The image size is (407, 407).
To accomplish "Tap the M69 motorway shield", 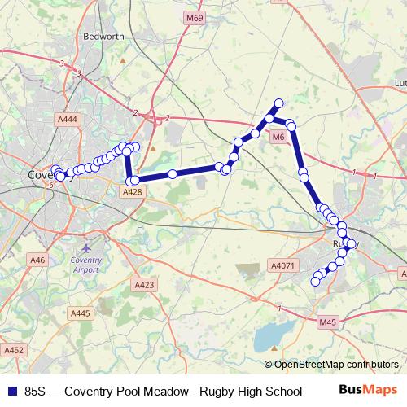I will click(x=194, y=18).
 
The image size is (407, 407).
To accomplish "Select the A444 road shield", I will click(x=68, y=119).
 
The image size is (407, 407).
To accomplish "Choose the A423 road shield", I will click(x=144, y=284).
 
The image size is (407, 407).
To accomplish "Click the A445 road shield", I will click(x=81, y=313).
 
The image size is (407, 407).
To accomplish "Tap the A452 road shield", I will click(x=11, y=349).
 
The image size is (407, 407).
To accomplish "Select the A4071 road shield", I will click(x=281, y=265).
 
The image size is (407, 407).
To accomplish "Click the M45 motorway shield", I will click(x=327, y=323).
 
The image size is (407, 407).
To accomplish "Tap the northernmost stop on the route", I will click(x=278, y=103).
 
